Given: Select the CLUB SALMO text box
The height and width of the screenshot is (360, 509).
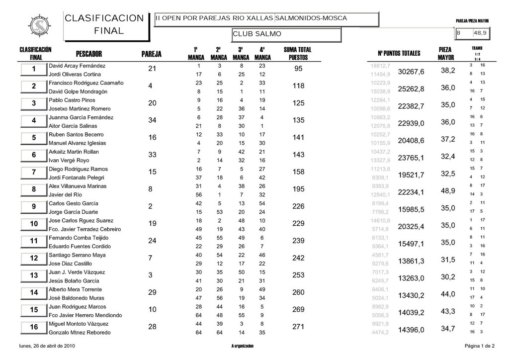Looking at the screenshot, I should (x=286, y=34).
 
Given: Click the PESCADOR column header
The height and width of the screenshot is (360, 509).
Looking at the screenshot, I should (x=89, y=53).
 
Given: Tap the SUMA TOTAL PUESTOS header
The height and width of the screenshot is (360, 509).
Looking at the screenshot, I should (x=298, y=53).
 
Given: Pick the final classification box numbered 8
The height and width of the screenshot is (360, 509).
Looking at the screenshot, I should (x=33, y=190).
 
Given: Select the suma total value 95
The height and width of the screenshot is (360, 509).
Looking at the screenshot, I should (x=298, y=69).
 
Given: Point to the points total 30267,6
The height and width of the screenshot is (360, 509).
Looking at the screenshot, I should (x=411, y=72).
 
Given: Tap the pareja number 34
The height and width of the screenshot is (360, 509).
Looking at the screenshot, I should (x=153, y=120).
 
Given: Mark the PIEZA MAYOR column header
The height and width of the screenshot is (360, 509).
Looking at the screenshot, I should (x=445, y=53).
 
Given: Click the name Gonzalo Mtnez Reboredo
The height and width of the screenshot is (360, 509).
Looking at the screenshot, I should (x=79, y=332).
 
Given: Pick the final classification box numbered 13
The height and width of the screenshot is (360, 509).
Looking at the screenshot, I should (x=33, y=276).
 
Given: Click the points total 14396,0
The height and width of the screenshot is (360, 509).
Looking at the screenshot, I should (x=411, y=330).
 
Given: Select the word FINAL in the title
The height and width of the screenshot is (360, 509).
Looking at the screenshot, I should (x=108, y=31).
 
